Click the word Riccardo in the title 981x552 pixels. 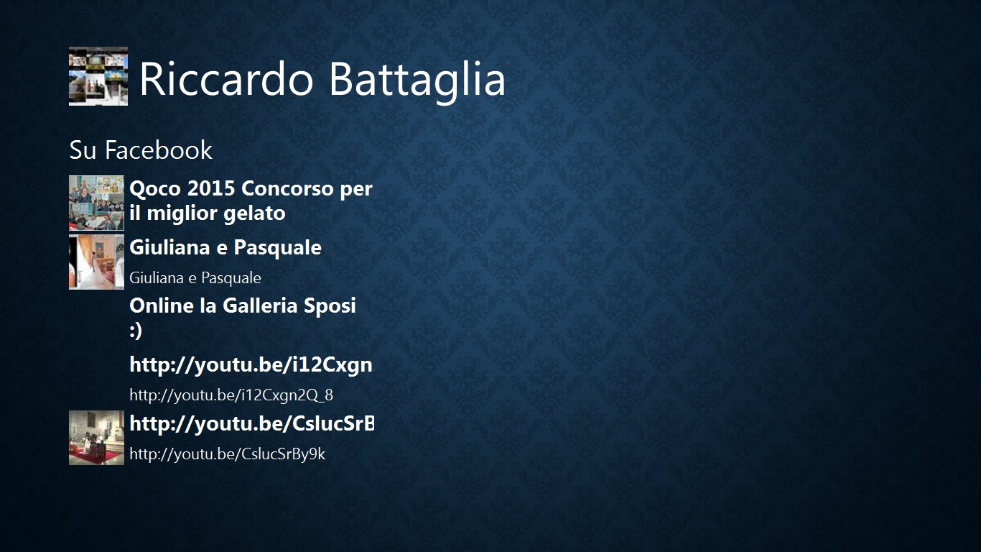coord(226,79)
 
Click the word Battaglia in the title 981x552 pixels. coord(417,79)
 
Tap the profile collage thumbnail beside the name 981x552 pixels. coord(98,76)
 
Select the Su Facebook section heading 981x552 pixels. coord(141,150)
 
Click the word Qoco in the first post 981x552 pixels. coord(155,189)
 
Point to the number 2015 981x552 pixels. coord(211,188)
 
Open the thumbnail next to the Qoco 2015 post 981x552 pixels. coord(96,203)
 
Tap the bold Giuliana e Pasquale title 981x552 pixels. coord(226,247)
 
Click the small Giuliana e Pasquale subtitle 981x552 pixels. coord(195,277)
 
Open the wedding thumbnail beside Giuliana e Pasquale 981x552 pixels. coord(96,262)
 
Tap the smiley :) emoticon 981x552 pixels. coord(136,331)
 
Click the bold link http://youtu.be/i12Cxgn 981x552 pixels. coord(251,365)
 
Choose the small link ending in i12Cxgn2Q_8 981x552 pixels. coord(231,395)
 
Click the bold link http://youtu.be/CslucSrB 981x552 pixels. coord(252,423)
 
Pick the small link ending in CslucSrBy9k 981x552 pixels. coord(227,454)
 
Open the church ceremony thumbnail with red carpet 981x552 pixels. coord(96,438)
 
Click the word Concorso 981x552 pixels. coord(287,189)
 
